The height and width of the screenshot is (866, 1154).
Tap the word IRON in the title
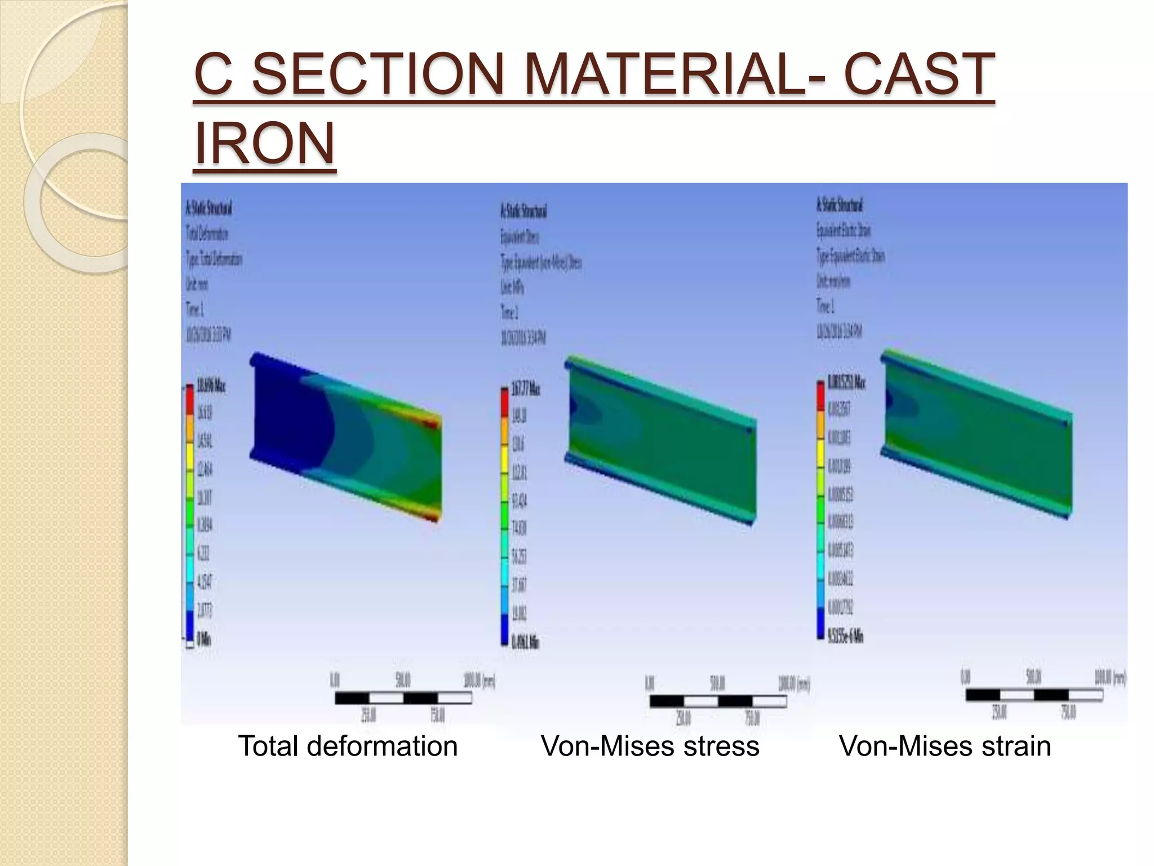[x=264, y=143]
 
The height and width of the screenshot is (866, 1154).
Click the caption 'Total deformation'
[x=348, y=746]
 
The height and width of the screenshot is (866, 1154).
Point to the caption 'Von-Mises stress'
[x=650, y=746]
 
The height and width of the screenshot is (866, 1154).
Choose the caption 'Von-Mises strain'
[x=944, y=746]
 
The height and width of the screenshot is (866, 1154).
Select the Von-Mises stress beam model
[x=660, y=440]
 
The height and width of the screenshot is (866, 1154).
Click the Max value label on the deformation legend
[x=211, y=387]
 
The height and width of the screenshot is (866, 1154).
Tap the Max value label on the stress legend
[x=525, y=390]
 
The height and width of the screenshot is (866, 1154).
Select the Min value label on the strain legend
[x=845, y=637]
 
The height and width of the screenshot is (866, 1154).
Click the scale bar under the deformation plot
[x=403, y=698]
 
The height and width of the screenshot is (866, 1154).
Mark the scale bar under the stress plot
[x=718, y=701]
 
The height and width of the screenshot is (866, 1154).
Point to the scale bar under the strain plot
[x=1034, y=695]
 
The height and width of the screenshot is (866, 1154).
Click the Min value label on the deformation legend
[x=204, y=639]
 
